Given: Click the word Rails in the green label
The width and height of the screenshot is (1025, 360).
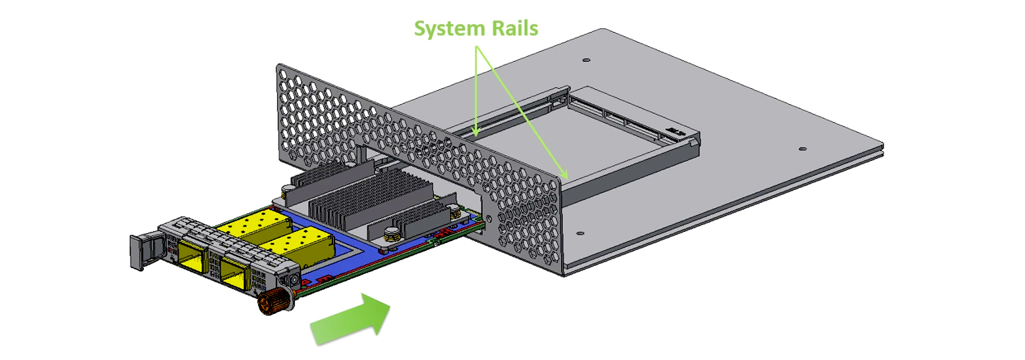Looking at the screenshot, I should coord(515,29).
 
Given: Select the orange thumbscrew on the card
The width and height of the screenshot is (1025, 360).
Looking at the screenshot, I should coord(270,302).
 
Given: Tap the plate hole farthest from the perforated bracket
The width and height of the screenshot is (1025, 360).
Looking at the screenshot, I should coord(802,149).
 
